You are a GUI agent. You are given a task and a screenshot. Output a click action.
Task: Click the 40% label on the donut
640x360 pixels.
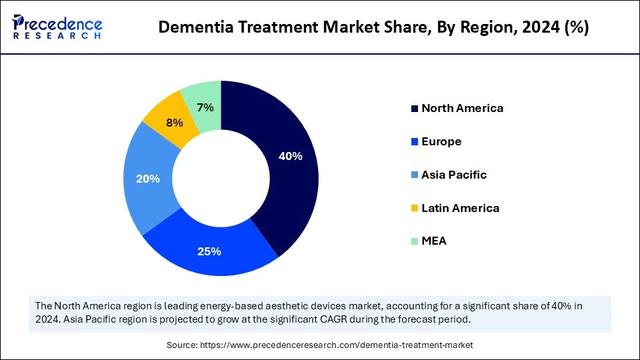pos(290,157)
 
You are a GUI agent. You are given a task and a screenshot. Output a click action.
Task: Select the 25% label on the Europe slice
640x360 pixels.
pos(209,251)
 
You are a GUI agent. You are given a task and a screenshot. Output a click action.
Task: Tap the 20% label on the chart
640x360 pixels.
pos(147,179)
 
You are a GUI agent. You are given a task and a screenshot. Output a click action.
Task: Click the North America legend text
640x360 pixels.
pos(462,108)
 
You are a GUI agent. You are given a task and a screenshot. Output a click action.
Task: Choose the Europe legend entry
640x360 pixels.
pos(441,141)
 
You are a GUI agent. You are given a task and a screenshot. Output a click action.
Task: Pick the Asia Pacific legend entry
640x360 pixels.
pos(454,175)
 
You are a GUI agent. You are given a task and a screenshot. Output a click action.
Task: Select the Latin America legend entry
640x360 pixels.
pos(460,208)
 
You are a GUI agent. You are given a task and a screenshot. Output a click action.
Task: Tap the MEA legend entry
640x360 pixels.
pos(434,241)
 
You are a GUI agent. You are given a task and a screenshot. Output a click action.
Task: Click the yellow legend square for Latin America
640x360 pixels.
pos(415,209)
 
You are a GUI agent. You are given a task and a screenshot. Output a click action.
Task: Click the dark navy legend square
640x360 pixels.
pos(415,109)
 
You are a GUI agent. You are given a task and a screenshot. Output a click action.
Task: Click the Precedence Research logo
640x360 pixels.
pos(57,27)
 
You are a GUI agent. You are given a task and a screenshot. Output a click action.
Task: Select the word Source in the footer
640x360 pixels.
pos(183,346)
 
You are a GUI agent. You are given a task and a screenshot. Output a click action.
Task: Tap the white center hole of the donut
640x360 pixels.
pos(221,179)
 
